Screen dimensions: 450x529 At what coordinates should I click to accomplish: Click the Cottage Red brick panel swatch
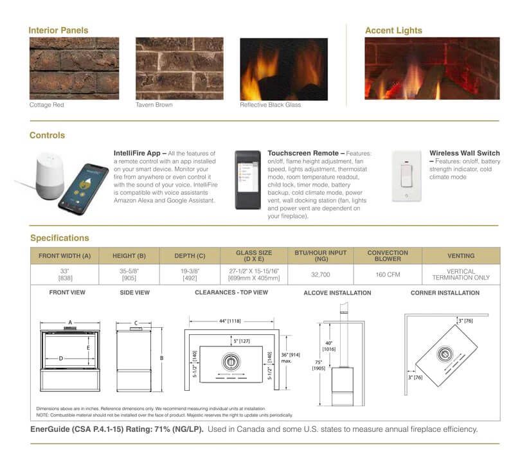[74, 68]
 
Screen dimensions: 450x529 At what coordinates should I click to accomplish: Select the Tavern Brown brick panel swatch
[179, 68]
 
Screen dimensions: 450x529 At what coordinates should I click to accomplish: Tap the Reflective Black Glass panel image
[283, 69]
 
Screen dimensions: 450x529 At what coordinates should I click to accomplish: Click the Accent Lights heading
[393, 30]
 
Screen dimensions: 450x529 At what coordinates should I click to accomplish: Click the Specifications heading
[60, 238]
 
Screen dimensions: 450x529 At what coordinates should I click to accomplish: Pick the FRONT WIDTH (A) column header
[65, 256]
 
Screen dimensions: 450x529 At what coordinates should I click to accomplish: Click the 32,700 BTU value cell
[319, 274]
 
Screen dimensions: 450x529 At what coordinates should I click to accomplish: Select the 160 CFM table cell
[388, 274]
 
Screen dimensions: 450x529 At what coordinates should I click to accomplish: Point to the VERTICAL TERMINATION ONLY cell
[460, 274]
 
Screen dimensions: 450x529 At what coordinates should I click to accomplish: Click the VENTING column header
[460, 256]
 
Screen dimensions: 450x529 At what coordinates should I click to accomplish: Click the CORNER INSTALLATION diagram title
[445, 293]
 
